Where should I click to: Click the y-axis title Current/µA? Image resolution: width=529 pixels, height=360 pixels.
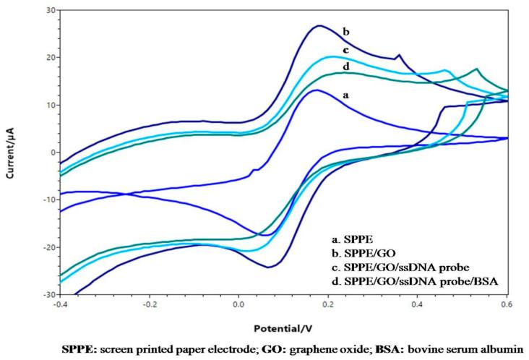(x=9, y=153)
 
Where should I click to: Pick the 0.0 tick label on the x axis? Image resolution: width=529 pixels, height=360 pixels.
(x=238, y=305)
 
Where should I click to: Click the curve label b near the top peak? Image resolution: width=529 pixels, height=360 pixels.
(x=346, y=32)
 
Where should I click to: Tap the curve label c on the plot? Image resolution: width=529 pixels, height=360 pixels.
(x=346, y=50)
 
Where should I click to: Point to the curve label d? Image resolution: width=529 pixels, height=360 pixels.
(x=345, y=67)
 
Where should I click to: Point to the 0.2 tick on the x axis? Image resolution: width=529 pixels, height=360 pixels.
(x=328, y=305)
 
